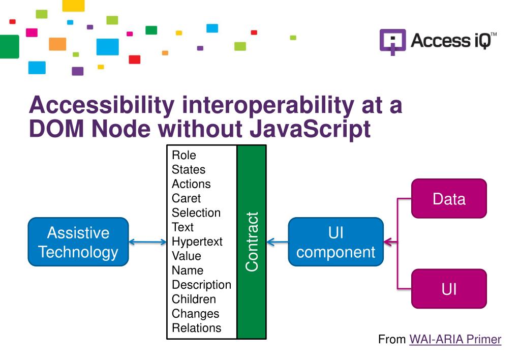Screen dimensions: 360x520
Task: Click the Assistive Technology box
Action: click(78, 242)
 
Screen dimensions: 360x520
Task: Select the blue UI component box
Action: click(335, 242)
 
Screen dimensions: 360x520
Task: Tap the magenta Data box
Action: click(449, 198)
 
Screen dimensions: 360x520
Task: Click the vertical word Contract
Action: click(252, 242)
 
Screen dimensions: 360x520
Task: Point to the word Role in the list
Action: click(184, 155)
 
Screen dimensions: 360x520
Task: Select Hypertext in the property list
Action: click(197, 242)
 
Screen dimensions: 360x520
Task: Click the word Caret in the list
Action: click(186, 198)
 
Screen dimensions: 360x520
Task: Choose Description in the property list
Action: click(201, 285)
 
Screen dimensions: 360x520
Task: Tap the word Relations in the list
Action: click(196, 328)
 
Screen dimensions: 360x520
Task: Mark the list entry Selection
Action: click(196, 213)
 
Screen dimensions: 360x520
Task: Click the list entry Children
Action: click(194, 299)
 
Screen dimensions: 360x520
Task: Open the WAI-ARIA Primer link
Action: click(455, 339)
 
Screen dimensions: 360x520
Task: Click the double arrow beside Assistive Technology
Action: click(148, 243)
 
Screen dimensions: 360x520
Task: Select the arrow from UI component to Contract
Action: click(277, 243)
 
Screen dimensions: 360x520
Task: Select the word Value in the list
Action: click(186, 256)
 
